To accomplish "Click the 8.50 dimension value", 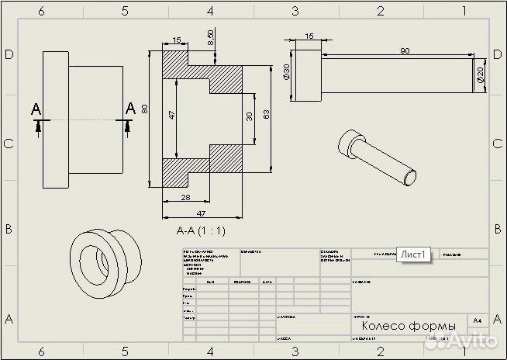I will (211, 36).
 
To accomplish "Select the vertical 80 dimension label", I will (145, 109).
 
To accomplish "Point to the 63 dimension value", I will (266, 115).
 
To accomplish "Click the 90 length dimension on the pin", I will (404, 50).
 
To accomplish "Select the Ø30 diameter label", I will (286, 74).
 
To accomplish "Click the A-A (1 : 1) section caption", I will (201, 230).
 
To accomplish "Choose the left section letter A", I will (36, 109).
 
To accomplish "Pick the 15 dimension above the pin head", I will (309, 36).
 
